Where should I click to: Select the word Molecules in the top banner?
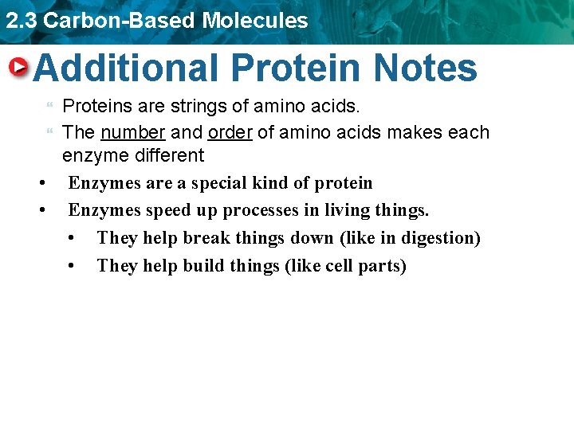[255, 21]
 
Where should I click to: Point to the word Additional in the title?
[126, 68]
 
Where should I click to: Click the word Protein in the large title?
[296, 68]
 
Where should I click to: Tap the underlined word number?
[132, 132]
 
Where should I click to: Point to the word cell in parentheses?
[340, 265]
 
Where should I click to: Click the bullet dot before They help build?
[73, 265]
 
